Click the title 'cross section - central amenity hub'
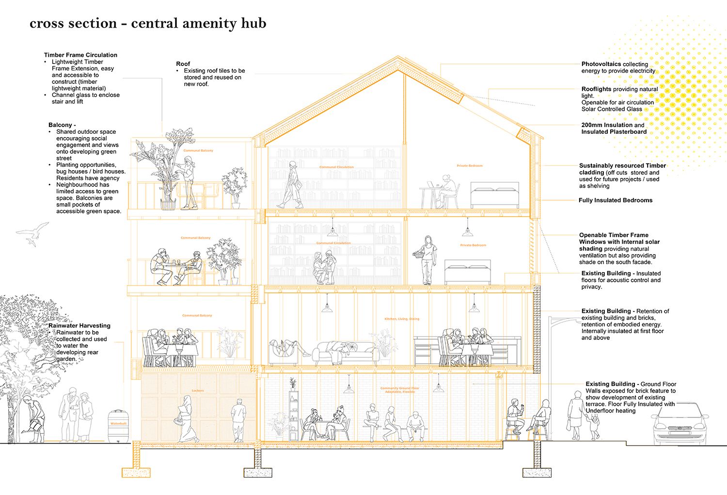[148, 23]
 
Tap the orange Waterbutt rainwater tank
[118, 425]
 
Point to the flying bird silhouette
[34, 234]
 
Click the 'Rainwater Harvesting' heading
[79, 326]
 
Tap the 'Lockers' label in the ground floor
[198, 390]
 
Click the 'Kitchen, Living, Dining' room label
[402, 319]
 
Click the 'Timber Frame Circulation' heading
[80, 55]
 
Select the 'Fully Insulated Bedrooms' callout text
[615, 200]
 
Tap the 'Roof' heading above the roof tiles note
[183, 64]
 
